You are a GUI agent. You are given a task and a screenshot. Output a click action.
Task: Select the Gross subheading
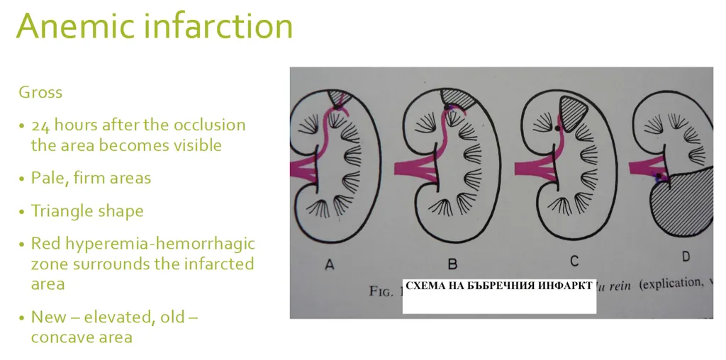click(40, 92)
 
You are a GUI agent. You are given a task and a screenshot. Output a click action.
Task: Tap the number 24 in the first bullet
click(40, 125)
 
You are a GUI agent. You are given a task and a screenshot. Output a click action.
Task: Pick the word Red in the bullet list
click(45, 244)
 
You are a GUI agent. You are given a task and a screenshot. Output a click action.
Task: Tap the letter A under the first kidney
click(329, 264)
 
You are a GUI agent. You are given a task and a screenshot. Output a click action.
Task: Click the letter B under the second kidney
click(452, 264)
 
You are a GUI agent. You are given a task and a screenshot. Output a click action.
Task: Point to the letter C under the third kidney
click(574, 261)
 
